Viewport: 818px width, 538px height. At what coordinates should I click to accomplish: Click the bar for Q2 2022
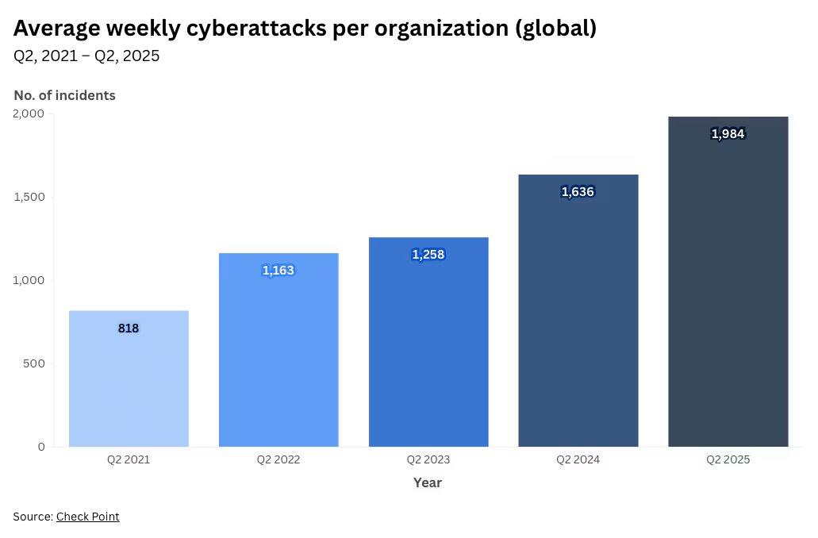click(x=278, y=357)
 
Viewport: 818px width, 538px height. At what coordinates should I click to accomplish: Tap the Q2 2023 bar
click(x=428, y=349)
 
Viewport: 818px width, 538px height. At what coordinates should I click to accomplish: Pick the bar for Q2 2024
click(x=578, y=317)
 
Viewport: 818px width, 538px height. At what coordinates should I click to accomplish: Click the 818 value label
click(x=129, y=328)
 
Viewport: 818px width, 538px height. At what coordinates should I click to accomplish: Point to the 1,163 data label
click(x=278, y=271)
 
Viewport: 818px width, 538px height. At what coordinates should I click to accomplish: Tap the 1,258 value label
click(x=428, y=255)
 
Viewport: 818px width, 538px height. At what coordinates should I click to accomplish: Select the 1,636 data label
click(x=578, y=191)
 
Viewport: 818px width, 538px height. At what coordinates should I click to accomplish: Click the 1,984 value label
click(x=728, y=134)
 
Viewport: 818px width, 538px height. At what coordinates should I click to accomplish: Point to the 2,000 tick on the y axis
click(x=29, y=113)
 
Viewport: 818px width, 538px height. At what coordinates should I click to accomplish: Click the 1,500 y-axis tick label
click(x=29, y=197)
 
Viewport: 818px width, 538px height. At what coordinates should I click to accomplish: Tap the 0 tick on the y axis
click(x=41, y=447)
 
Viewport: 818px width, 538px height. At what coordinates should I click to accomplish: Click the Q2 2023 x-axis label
click(x=428, y=459)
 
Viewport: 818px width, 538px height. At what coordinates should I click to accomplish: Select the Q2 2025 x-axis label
click(x=728, y=459)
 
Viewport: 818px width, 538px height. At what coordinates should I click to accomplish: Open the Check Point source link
click(x=87, y=517)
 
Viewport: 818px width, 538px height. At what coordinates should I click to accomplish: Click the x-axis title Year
click(x=428, y=482)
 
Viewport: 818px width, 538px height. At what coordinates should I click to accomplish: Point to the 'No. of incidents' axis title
click(x=64, y=95)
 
